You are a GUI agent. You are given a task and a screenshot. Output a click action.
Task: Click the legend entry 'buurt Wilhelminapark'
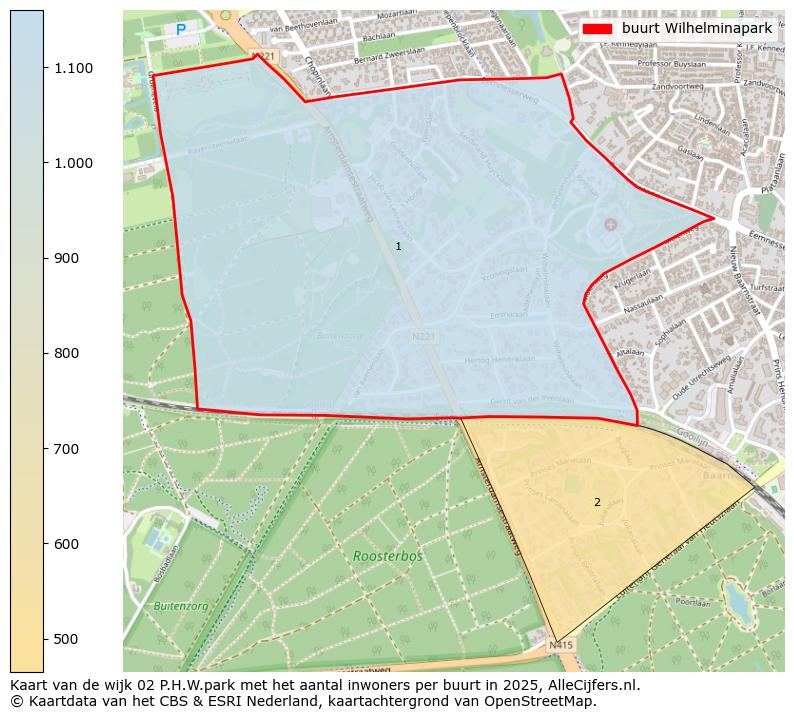click(696, 28)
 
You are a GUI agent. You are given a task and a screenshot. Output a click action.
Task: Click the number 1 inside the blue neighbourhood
click(398, 246)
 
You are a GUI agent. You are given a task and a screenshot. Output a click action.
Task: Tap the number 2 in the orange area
click(597, 502)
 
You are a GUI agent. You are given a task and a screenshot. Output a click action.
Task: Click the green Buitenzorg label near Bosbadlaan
click(181, 606)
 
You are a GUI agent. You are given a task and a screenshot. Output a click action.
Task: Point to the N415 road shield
click(561, 645)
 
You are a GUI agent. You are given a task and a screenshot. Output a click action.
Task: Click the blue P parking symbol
click(181, 31)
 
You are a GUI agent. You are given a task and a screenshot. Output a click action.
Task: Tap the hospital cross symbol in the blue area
click(610, 224)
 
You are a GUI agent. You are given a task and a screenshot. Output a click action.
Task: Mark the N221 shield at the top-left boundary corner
click(263, 57)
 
